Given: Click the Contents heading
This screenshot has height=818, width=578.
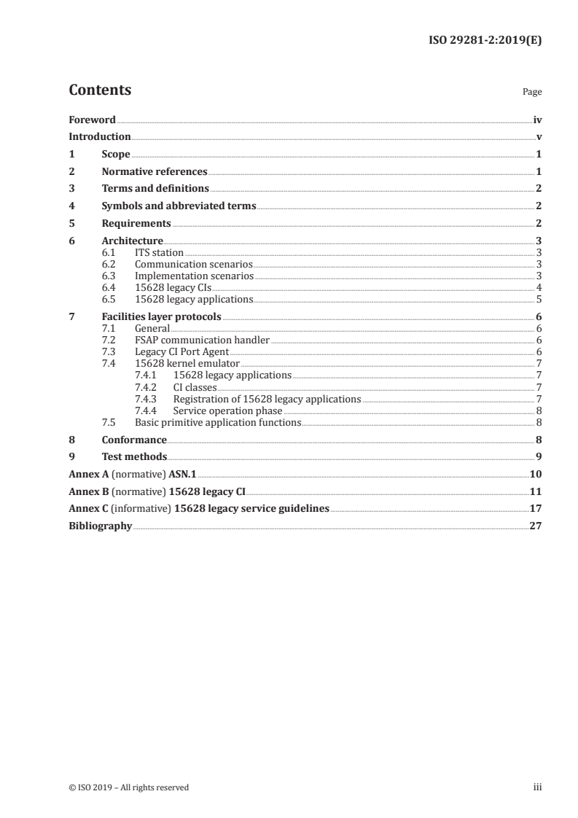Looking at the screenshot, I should point(100,90).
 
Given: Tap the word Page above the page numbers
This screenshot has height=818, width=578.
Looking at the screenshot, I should point(532,93).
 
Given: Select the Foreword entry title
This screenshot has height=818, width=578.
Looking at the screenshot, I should point(92,120).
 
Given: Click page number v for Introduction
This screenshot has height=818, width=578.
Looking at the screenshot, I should point(539,137).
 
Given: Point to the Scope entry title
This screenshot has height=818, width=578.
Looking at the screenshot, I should point(116,155).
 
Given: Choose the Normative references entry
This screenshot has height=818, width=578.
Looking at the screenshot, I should point(155,172).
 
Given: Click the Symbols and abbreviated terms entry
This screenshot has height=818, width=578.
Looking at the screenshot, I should point(179,206).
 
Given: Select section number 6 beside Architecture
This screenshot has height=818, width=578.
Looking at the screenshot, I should point(71,241).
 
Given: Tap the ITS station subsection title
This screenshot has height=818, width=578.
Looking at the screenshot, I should point(159,253).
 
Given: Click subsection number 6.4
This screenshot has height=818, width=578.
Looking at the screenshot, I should point(109,288).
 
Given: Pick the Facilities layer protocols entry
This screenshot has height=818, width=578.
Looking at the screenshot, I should point(161,316).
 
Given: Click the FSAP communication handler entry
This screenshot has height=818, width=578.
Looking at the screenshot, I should point(202,340).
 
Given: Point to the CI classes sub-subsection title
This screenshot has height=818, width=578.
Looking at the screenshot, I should point(195,387).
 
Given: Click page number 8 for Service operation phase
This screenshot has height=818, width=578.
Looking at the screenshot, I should point(538,410).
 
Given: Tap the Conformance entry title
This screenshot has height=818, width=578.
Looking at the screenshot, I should point(134,440).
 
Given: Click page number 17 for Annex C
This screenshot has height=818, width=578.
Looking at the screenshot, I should point(536,508).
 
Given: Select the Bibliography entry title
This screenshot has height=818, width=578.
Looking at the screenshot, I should point(100,526).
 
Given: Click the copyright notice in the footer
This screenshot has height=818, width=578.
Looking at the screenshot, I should point(128,787).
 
